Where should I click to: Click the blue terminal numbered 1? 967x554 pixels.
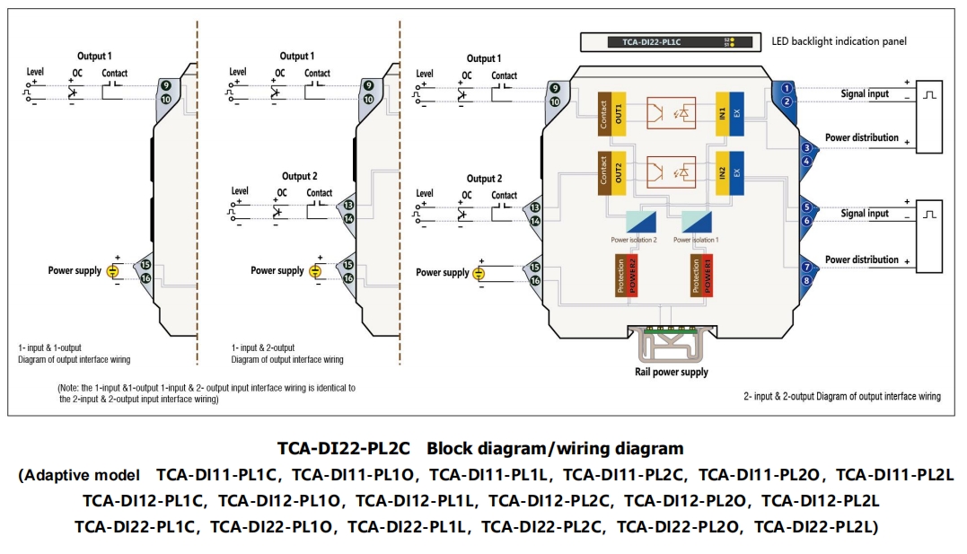(x=787, y=88)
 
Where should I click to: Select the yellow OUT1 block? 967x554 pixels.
(x=619, y=113)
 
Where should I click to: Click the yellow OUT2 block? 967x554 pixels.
(x=619, y=173)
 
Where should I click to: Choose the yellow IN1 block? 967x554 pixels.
(x=722, y=113)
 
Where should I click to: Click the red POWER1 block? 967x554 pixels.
(x=708, y=276)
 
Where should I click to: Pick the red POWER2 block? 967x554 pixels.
(x=631, y=276)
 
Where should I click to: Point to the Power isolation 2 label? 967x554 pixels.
(x=634, y=240)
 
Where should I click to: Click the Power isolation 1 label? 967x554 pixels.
(x=697, y=240)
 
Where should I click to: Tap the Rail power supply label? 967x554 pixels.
(x=672, y=372)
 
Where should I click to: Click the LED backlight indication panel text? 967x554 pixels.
(x=839, y=41)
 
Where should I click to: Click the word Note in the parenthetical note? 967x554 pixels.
(x=71, y=388)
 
